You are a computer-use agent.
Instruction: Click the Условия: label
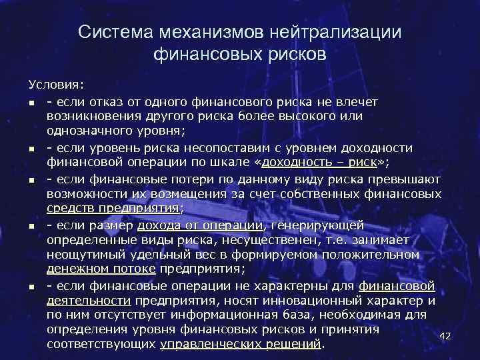57,86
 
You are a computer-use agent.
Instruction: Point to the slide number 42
446,336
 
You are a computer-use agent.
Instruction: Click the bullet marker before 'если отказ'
32,102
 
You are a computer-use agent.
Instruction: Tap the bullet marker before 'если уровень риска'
32,148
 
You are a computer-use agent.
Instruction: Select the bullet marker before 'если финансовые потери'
32,179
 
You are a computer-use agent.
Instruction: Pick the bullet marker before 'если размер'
32,225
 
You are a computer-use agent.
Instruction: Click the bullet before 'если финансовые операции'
32,287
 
